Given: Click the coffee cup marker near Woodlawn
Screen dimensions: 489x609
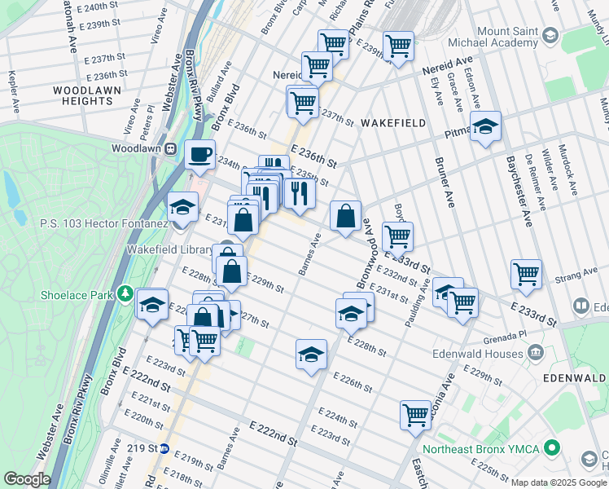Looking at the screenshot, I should pyautogui.click(x=199, y=153).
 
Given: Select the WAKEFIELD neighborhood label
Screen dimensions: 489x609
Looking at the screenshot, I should pyautogui.click(x=393, y=122).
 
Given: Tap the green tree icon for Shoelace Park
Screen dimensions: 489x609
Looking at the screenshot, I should pyautogui.click(x=125, y=293).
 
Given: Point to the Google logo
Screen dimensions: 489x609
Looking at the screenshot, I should pyautogui.click(x=28, y=479).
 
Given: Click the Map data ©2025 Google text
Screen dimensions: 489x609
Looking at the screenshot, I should pyautogui.click(x=559, y=482).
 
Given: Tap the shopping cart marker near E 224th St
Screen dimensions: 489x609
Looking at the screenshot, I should pyautogui.click(x=415, y=414).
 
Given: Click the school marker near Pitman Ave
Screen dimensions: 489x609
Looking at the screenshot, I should pyautogui.click(x=486, y=126).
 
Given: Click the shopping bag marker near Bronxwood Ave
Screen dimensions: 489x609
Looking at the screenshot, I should pyautogui.click(x=346, y=216).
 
